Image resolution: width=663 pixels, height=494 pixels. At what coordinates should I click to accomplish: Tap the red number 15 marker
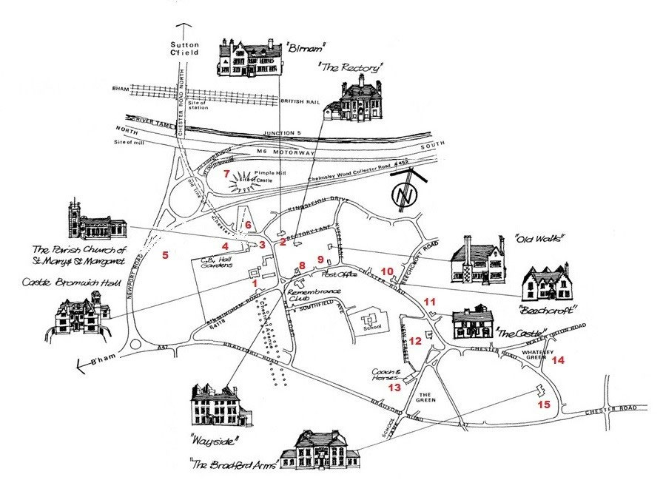[544, 405]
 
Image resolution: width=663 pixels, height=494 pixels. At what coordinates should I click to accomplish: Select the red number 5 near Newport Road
[166, 255]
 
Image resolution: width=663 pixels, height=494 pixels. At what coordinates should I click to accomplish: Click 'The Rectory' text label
[353, 67]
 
